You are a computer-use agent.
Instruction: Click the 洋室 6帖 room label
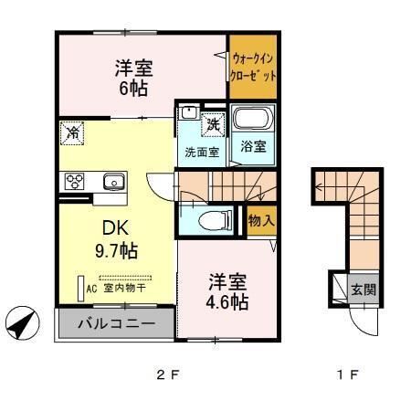[133, 78]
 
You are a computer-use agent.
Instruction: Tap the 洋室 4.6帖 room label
[224, 291]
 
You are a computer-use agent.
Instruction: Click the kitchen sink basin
[114, 180]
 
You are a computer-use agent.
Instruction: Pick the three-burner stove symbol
[74, 180]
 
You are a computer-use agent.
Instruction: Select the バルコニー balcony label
[115, 323]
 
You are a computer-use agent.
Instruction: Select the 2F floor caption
[163, 374]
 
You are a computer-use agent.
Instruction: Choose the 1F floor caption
[349, 374]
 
